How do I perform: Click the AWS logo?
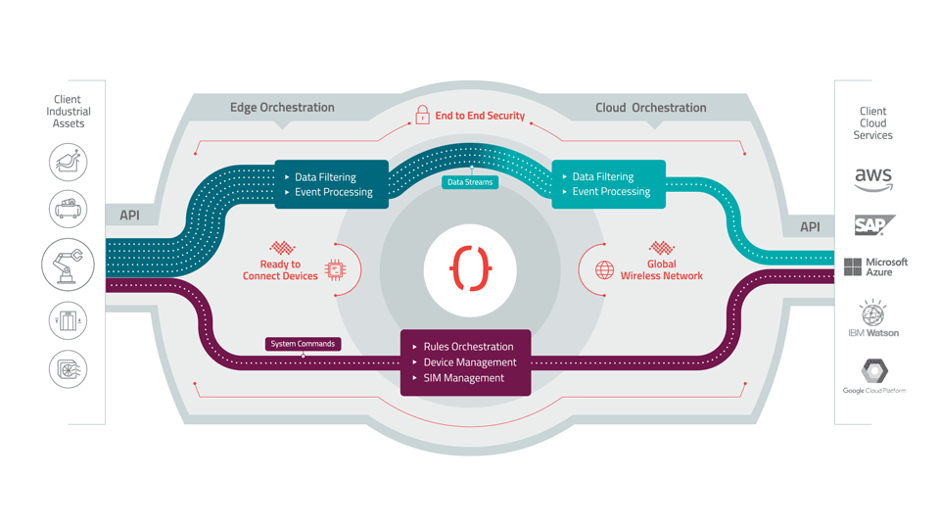click(873, 179)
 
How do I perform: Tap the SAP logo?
click(873, 225)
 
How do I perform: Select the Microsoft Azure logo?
click(875, 266)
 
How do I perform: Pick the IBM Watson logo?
click(873, 318)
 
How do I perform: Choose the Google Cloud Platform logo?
click(874, 376)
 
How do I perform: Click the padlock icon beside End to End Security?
click(422, 115)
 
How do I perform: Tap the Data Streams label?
click(470, 182)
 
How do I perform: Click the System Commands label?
click(303, 344)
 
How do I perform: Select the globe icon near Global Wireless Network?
click(605, 269)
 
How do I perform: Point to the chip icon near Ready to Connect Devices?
click(335, 269)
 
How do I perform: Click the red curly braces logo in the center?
click(470, 269)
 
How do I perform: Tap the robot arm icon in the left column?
click(68, 264)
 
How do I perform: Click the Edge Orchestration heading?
click(282, 108)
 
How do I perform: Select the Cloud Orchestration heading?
click(650, 108)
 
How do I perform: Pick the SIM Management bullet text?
click(463, 378)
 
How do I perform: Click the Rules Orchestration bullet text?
click(468, 347)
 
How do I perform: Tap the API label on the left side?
click(129, 216)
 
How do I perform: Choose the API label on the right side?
click(810, 227)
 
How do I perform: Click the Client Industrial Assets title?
click(69, 112)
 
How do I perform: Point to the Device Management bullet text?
click(470, 362)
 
